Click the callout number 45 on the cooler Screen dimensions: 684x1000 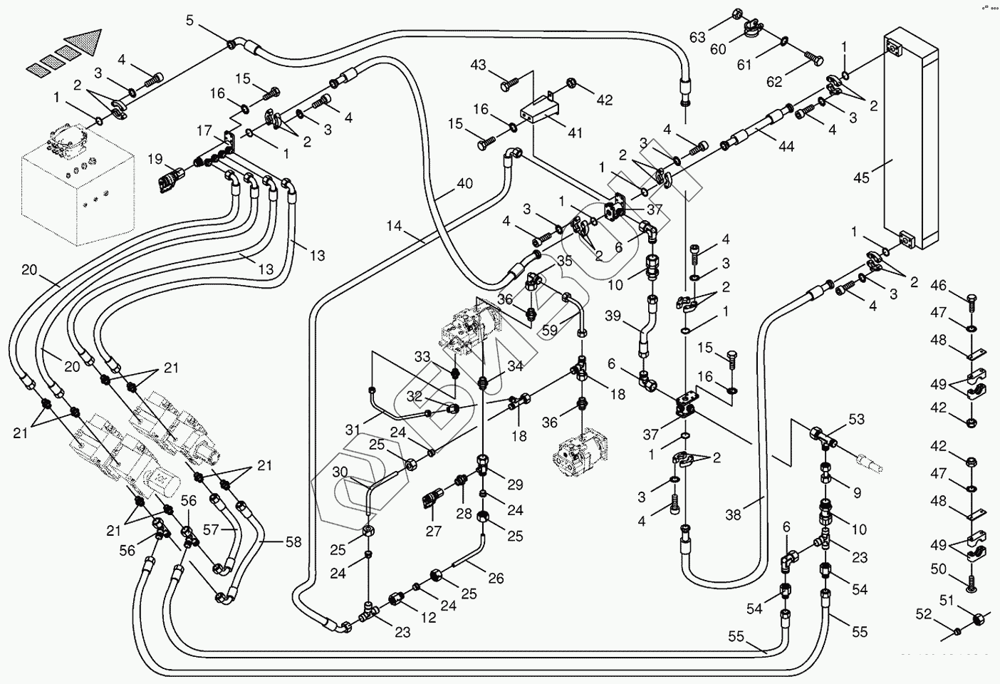click(861, 177)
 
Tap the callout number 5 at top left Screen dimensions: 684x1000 click(189, 19)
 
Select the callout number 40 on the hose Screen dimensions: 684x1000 click(464, 183)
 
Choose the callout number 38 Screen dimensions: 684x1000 click(734, 514)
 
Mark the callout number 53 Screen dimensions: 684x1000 click(856, 419)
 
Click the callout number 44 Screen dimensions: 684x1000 click(786, 147)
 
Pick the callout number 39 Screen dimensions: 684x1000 click(614, 316)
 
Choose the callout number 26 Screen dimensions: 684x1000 click(496, 579)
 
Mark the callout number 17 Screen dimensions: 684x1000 click(205, 131)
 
